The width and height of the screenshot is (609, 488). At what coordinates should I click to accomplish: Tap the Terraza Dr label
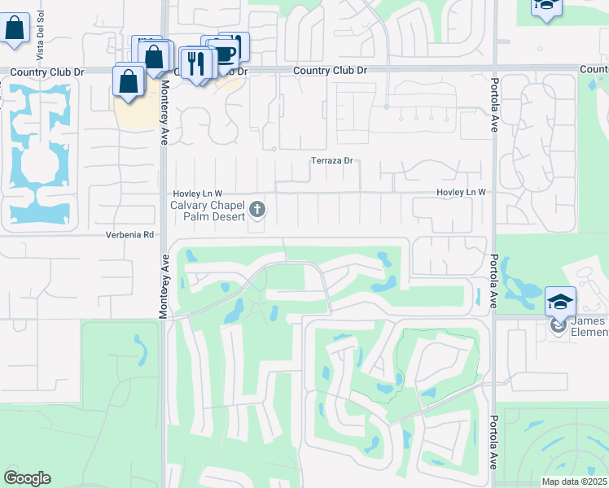coord(331,161)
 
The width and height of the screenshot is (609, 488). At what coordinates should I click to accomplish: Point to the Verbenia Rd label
coord(129,235)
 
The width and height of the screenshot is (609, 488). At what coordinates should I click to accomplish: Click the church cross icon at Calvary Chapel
coord(257,211)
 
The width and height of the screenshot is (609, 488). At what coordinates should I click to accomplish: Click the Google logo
coord(27,478)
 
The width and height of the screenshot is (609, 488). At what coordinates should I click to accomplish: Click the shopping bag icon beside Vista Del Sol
coord(15,28)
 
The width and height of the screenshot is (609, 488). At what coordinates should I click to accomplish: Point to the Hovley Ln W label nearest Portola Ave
coord(461,192)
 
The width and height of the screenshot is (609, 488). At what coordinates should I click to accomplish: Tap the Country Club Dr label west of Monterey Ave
coord(47,72)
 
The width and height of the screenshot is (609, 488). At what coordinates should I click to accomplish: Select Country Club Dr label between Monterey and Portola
coord(330,71)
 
